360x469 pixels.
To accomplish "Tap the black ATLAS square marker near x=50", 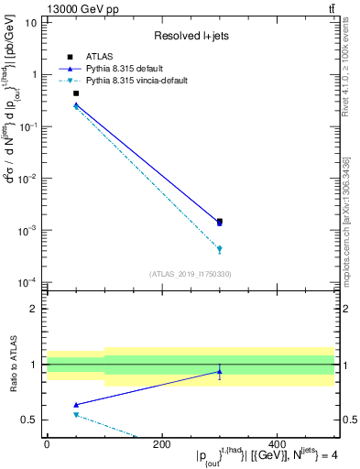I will tap(76, 93).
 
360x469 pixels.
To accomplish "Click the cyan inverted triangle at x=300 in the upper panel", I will tap(219, 249).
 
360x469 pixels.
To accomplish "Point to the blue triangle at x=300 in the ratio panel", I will tap(219, 372).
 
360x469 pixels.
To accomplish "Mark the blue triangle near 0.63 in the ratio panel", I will tap(76, 405).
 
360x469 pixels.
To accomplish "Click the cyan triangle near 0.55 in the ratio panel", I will tap(76, 415).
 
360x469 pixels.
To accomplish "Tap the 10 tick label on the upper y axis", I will tap(30, 22).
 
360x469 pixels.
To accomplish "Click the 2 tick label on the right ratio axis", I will tap(345, 309).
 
